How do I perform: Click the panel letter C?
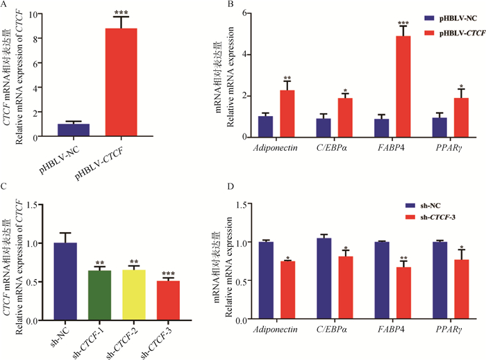(6, 188)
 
